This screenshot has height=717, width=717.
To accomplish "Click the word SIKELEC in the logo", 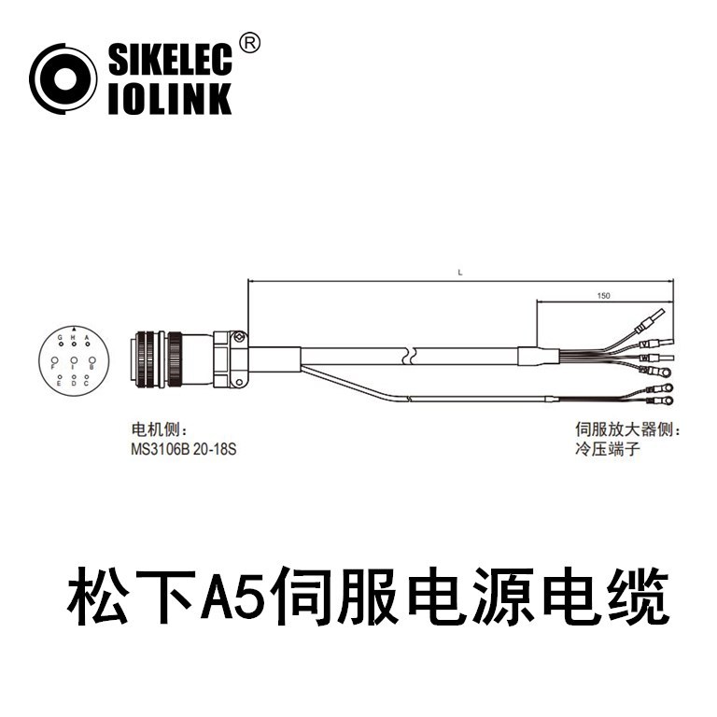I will tap(169, 62).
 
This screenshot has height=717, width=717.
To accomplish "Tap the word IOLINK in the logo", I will tap(169, 98).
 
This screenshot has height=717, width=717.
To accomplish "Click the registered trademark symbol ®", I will tap(250, 43).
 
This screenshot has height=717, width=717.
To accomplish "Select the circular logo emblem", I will tap(63, 79).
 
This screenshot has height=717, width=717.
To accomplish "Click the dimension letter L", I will tap(460, 273).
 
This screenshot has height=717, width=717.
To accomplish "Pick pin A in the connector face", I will tap(87, 344).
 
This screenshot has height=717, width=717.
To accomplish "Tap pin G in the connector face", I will tap(61, 344).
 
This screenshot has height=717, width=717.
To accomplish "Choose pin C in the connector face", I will tap(87, 377).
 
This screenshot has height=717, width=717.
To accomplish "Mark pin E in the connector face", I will tap(61, 377).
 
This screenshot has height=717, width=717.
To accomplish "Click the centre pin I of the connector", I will tap(74, 359).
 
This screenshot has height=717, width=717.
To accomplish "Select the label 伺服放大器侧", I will tap(623, 430).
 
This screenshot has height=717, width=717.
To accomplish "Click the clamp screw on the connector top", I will tap(239, 336).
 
